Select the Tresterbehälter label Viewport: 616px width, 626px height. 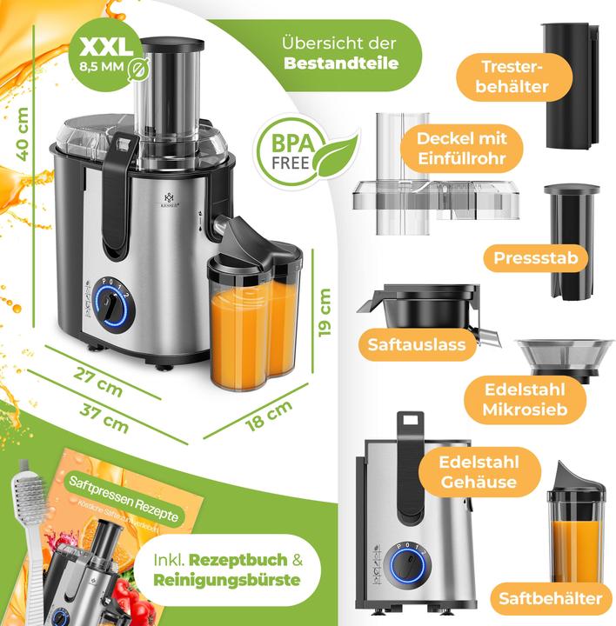514,77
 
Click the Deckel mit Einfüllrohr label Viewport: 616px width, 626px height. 461,148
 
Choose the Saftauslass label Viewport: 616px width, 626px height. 417,344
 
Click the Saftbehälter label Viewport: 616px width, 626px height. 550,598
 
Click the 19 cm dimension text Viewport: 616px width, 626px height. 324,314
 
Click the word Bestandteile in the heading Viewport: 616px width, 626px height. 341,63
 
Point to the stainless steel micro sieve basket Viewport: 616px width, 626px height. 563,356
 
